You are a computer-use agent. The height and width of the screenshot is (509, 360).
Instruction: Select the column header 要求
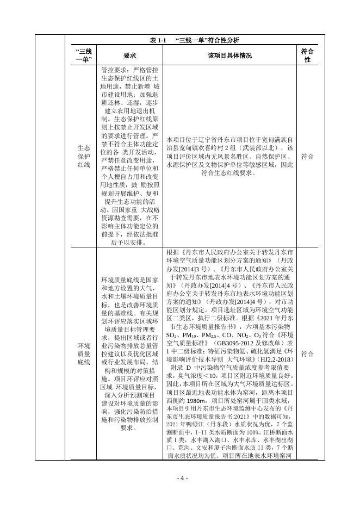(129, 55)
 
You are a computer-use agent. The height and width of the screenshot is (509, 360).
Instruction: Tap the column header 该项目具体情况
(229, 55)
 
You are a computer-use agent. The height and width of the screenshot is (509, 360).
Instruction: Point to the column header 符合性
(307, 55)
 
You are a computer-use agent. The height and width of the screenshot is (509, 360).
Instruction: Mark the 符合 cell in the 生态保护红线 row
(307, 156)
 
